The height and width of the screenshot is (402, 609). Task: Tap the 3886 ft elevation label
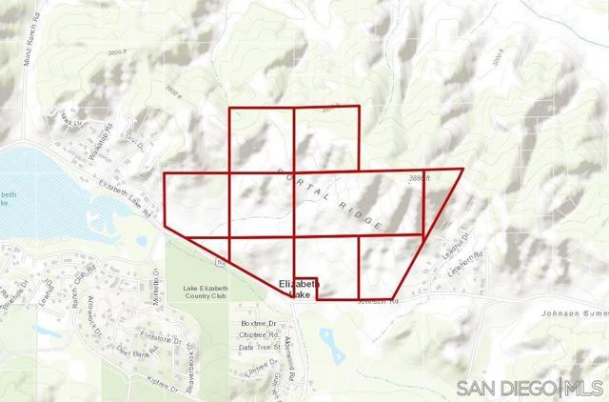pyautogui.click(x=421, y=178)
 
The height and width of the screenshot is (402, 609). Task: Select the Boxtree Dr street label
pyautogui.click(x=258, y=325)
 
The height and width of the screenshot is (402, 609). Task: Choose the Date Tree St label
pyautogui.click(x=261, y=347)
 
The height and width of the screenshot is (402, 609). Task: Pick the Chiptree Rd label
pyautogui.click(x=258, y=335)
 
